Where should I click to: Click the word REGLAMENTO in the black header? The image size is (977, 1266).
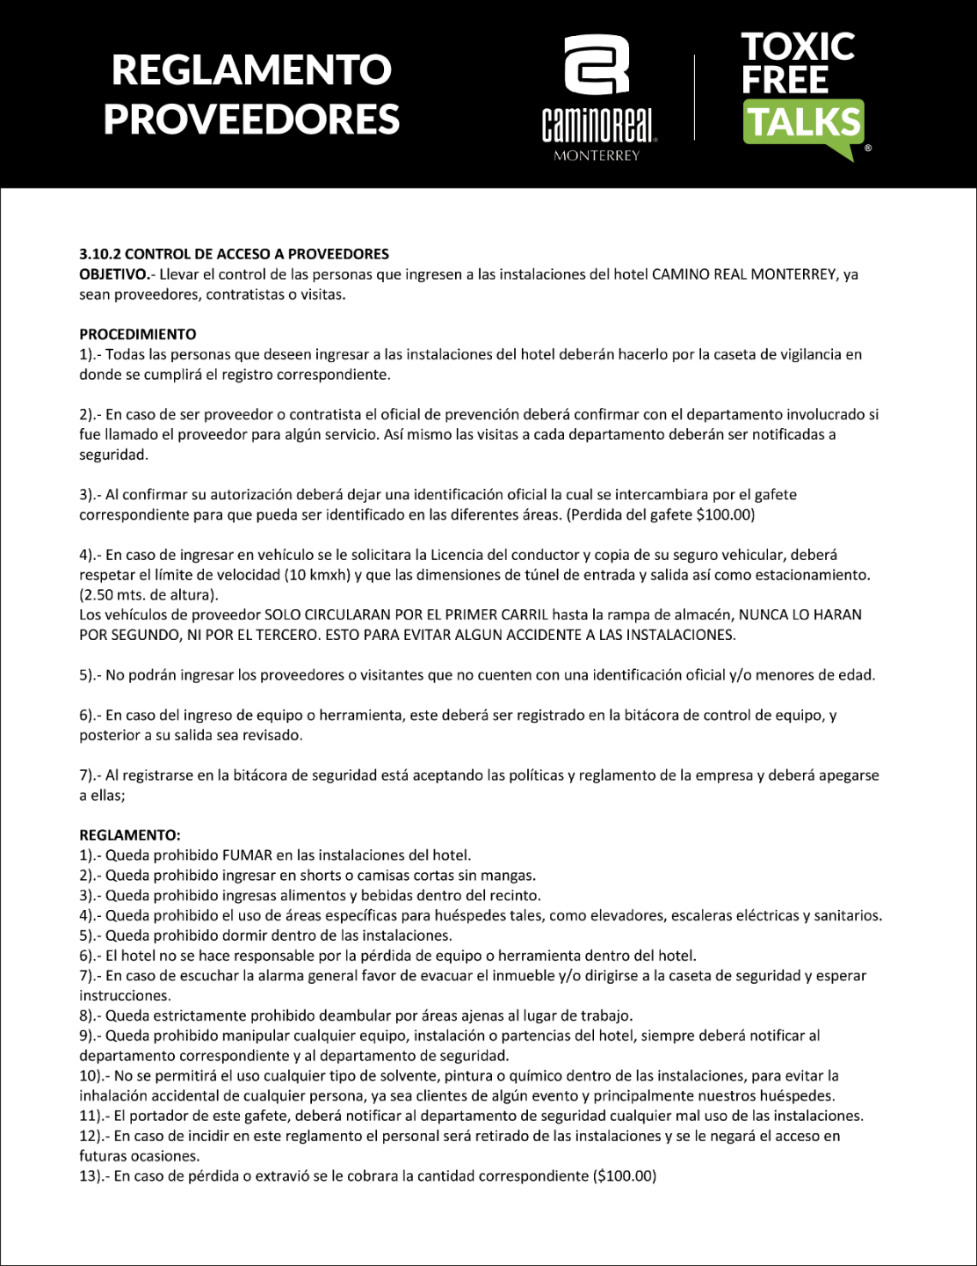coord(251,69)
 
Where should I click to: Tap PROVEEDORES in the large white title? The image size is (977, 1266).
coord(251,119)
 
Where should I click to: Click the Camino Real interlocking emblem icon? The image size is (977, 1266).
coord(597,65)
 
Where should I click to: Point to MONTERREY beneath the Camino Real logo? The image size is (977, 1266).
coord(597,156)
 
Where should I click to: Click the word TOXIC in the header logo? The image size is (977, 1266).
coord(797,46)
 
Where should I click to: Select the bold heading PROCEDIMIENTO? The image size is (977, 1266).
coord(138,334)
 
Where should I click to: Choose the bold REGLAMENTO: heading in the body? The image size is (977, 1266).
coord(130,834)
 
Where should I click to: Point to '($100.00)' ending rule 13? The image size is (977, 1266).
coord(625,1175)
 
